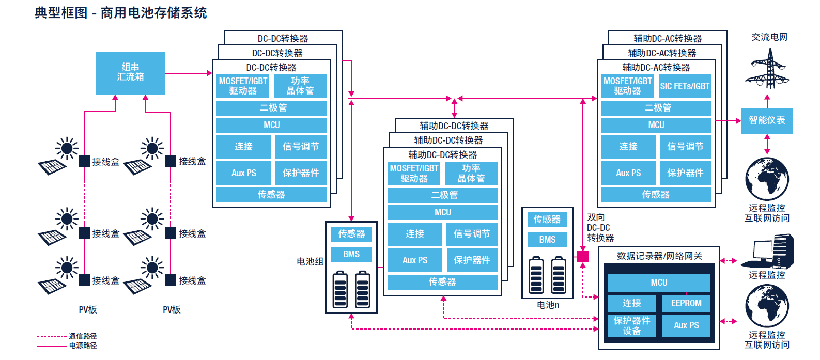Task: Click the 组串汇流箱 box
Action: pos(130,72)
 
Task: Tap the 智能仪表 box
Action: pos(766,120)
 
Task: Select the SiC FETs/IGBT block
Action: pos(685,86)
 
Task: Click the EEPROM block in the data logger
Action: pos(686,303)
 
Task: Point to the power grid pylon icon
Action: pos(767,67)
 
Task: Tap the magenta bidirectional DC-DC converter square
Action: pos(583,256)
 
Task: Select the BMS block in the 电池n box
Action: pos(547,240)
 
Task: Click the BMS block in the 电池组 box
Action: pos(351,254)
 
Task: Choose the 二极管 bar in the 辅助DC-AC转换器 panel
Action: pos(656,108)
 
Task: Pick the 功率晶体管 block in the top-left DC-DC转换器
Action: pos(300,86)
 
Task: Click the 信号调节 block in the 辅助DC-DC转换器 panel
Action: pos(471,234)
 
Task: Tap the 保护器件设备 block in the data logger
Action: pos(631,326)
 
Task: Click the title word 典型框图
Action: pos(61,12)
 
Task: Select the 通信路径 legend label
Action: pos(83,336)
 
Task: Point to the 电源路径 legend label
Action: pos(83,346)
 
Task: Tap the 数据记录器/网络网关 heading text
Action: pos(659,256)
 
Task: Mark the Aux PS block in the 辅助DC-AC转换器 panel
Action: pos(628,173)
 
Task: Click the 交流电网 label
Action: pos(769,37)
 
